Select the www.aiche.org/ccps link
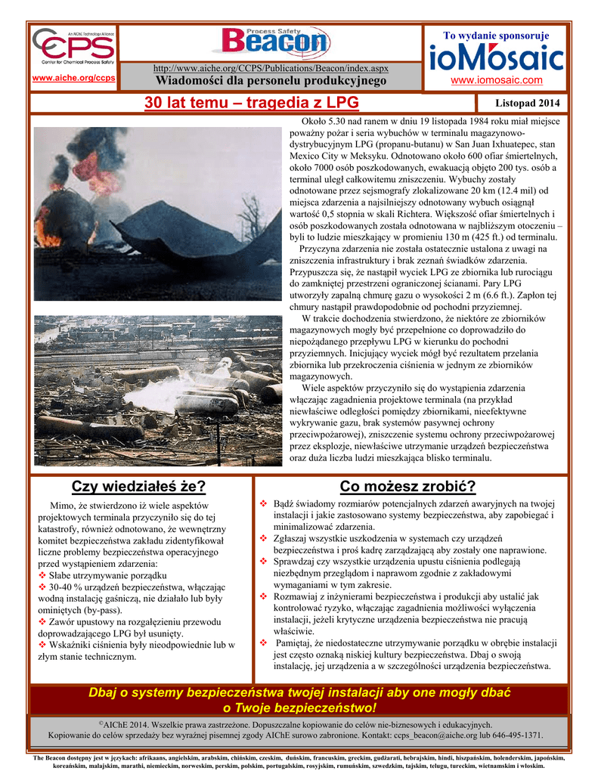coord(73,78)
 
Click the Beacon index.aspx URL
coord(271,69)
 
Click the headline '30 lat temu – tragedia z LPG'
coord(252,103)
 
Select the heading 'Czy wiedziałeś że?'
coord(138,485)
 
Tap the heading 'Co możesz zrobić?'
coord(408,485)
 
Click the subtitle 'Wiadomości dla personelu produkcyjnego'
coord(271,80)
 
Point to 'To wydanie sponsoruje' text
coord(496,36)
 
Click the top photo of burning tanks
coord(157,214)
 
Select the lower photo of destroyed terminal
coord(157,390)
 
